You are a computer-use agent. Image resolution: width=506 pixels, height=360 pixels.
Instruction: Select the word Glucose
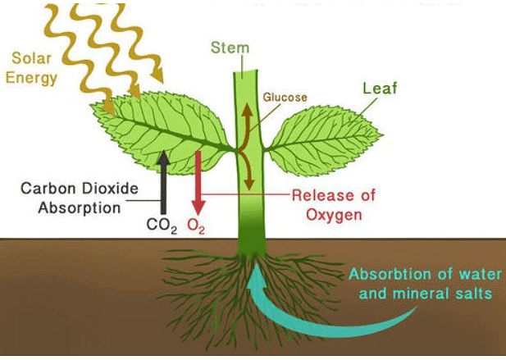pyautogui.click(x=285, y=97)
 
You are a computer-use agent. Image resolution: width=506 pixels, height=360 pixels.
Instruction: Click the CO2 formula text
pyautogui.click(x=161, y=225)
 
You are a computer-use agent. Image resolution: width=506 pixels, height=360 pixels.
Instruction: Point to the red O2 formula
pyautogui.click(x=196, y=225)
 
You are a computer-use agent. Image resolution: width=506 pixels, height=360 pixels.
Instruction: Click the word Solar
pyautogui.click(x=32, y=59)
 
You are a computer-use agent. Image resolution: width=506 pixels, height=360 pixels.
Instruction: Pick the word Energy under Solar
pyautogui.click(x=36, y=79)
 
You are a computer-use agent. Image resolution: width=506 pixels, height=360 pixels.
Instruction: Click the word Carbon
pyautogui.click(x=48, y=186)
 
